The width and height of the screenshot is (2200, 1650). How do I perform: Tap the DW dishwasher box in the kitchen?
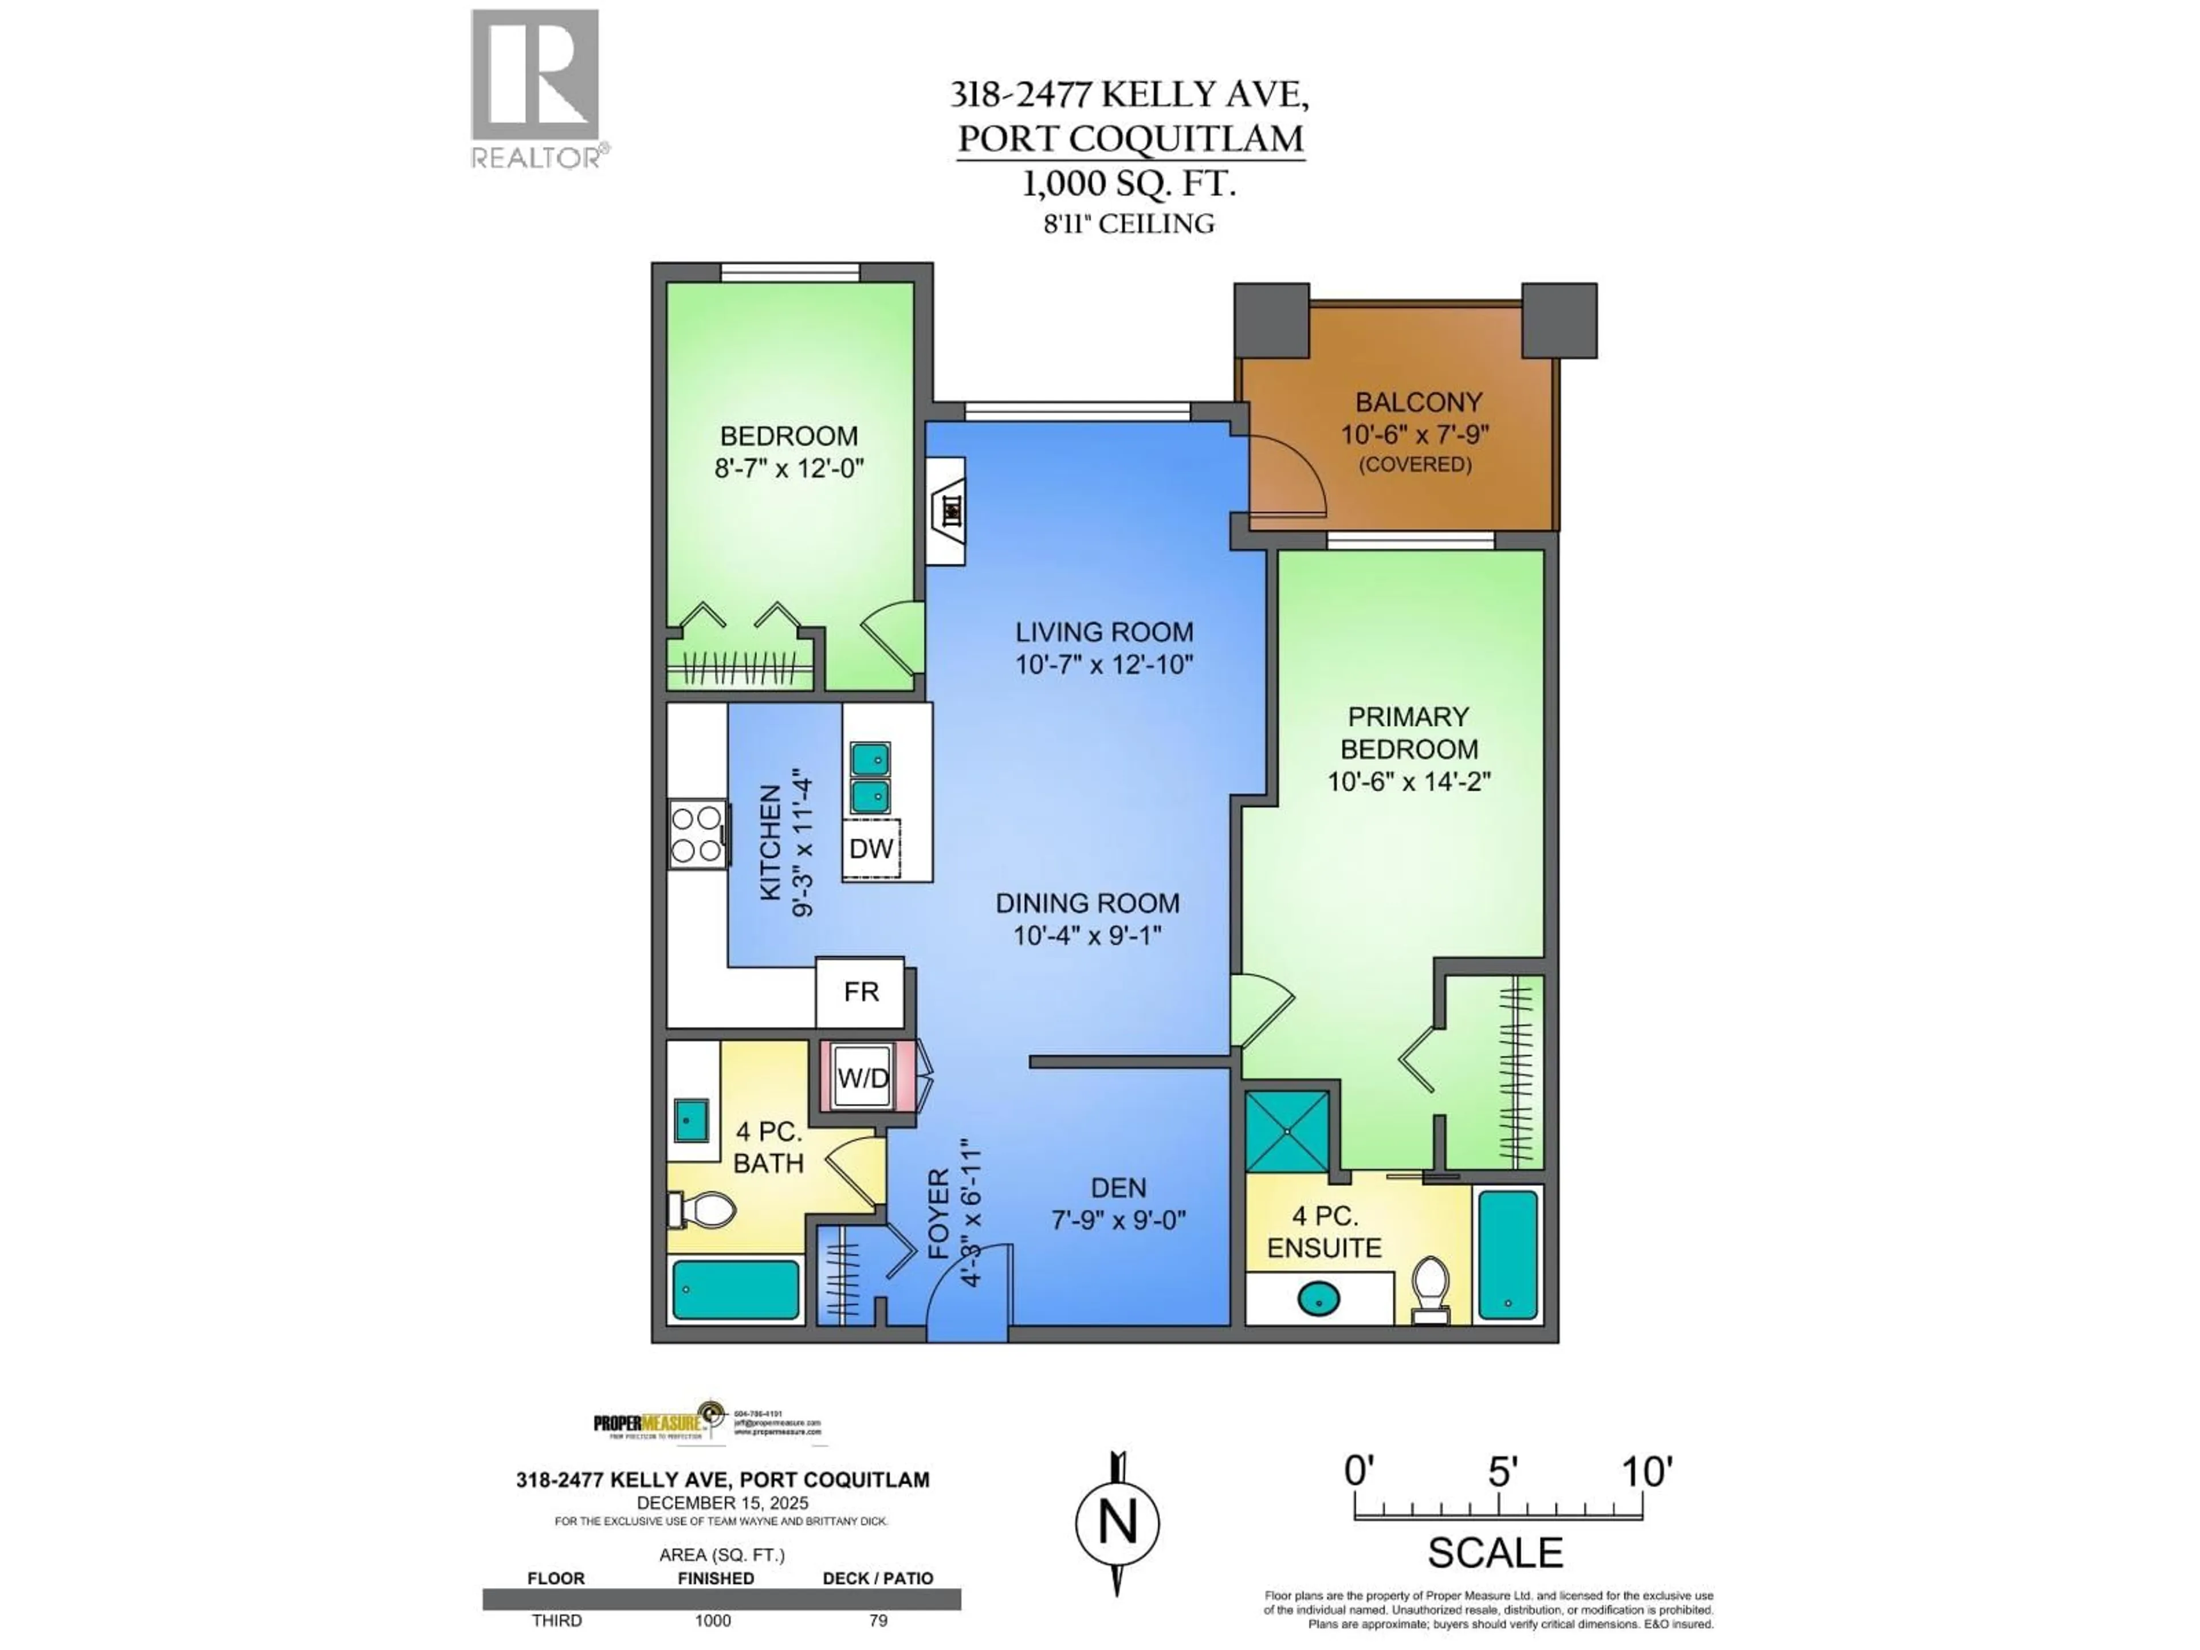pyautogui.click(x=871, y=848)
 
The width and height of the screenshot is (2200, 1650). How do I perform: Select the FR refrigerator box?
pyautogui.click(x=861, y=992)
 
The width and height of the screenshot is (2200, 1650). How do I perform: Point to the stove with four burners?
pyautogui.click(x=696, y=834)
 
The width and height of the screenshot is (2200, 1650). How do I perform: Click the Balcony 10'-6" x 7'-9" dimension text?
pyautogui.click(x=1415, y=435)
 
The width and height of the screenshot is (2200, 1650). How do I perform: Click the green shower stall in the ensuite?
pyautogui.click(x=1287, y=1131)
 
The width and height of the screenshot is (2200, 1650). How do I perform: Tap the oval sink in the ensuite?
pyautogui.click(x=1319, y=1298)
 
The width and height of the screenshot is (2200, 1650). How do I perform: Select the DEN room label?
pyautogui.click(x=1118, y=1188)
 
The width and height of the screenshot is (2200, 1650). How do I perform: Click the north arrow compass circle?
pyautogui.click(x=1117, y=1523)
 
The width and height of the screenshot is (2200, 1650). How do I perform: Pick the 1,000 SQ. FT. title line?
pyautogui.click(x=1129, y=184)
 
